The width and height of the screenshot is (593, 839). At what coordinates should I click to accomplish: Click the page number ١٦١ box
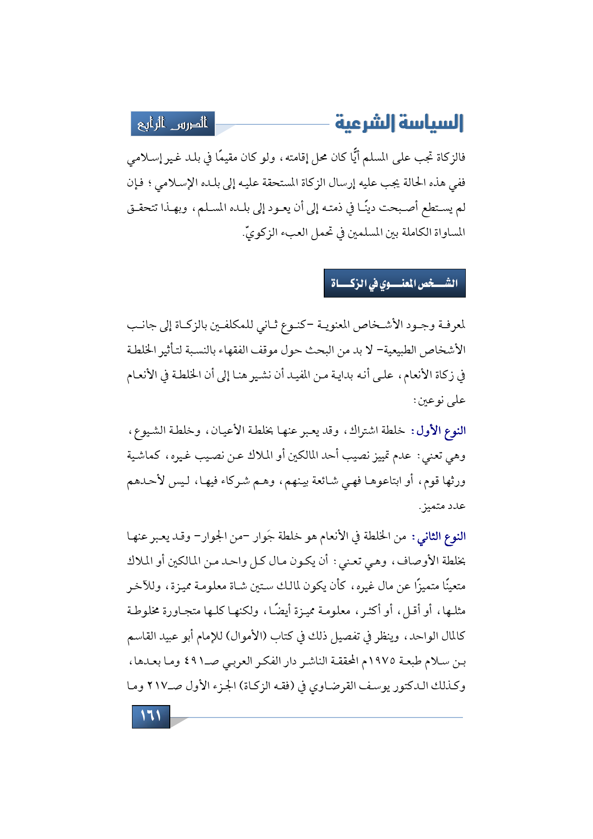click(151, 716)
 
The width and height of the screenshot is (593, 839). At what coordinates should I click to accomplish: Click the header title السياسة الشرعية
click(399, 123)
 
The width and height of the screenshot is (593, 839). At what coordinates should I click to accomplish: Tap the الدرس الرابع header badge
click(173, 124)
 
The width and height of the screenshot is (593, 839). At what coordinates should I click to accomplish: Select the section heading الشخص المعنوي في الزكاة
click(395, 283)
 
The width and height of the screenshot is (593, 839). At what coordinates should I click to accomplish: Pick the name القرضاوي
click(326, 687)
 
